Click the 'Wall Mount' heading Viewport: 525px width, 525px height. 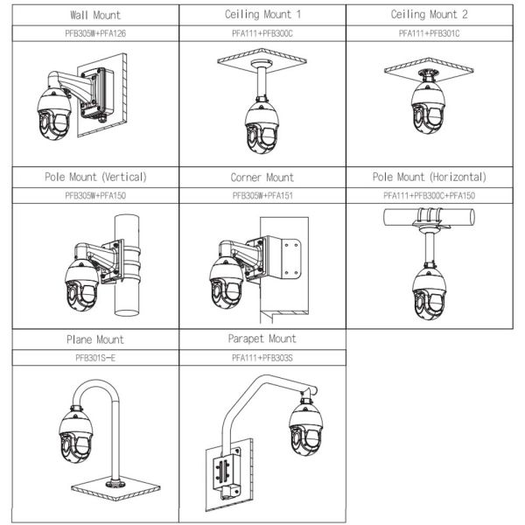(x=95, y=15)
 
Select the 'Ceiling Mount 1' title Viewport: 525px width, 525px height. (x=262, y=15)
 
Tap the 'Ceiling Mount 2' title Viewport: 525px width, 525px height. (x=430, y=15)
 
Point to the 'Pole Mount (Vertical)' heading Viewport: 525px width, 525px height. (x=95, y=177)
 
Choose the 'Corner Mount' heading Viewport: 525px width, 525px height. (x=262, y=177)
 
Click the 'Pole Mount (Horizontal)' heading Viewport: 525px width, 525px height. (x=430, y=177)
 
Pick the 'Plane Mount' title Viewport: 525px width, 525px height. (x=95, y=339)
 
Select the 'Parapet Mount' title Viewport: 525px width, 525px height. (x=262, y=339)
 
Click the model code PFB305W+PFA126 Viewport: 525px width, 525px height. (x=95, y=33)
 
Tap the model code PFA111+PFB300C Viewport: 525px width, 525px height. (x=262, y=33)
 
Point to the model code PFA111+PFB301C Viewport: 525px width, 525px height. (x=430, y=33)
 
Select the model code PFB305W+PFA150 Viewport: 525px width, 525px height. (x=95, y=195)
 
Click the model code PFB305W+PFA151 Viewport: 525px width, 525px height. (x=262, y=195)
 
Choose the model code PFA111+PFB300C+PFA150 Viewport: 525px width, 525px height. (x=430, y=195)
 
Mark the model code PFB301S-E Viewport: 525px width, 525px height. (x=95, y=357)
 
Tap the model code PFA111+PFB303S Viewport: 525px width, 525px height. (x=262, y=357)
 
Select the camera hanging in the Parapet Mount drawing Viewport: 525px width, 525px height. (x=305, y=429)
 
